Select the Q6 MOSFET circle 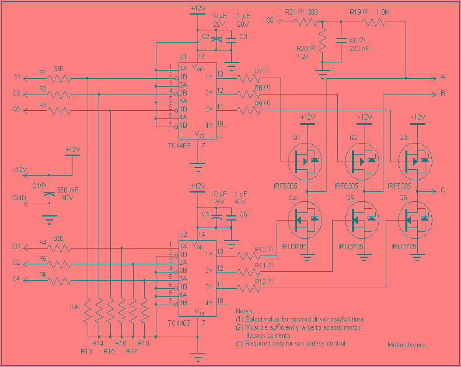pyautogui.click(x=415, y=220)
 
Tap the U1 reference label pyautogui.click(x=182, y=57)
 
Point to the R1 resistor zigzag pyautogui.click(x=58, y=78)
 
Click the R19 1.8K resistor pyautogui.click(x=373, y=22)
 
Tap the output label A pyautogui.click(x=443, y=78)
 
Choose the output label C pyautogui.click(x=443, y=190)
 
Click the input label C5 pyautogui.click(x=16, y=109)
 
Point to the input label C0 pyautogui.click(x=16, y=247)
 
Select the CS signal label pyautogui.click(x=270, y=21)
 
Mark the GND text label pyautogui.click(x=19, y=198)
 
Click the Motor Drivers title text pyautogui.click(x=407, y=345)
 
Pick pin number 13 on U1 pyautogui.click(x=220, y=74)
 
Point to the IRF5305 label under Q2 pyautogui.click(x=348, y=186)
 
